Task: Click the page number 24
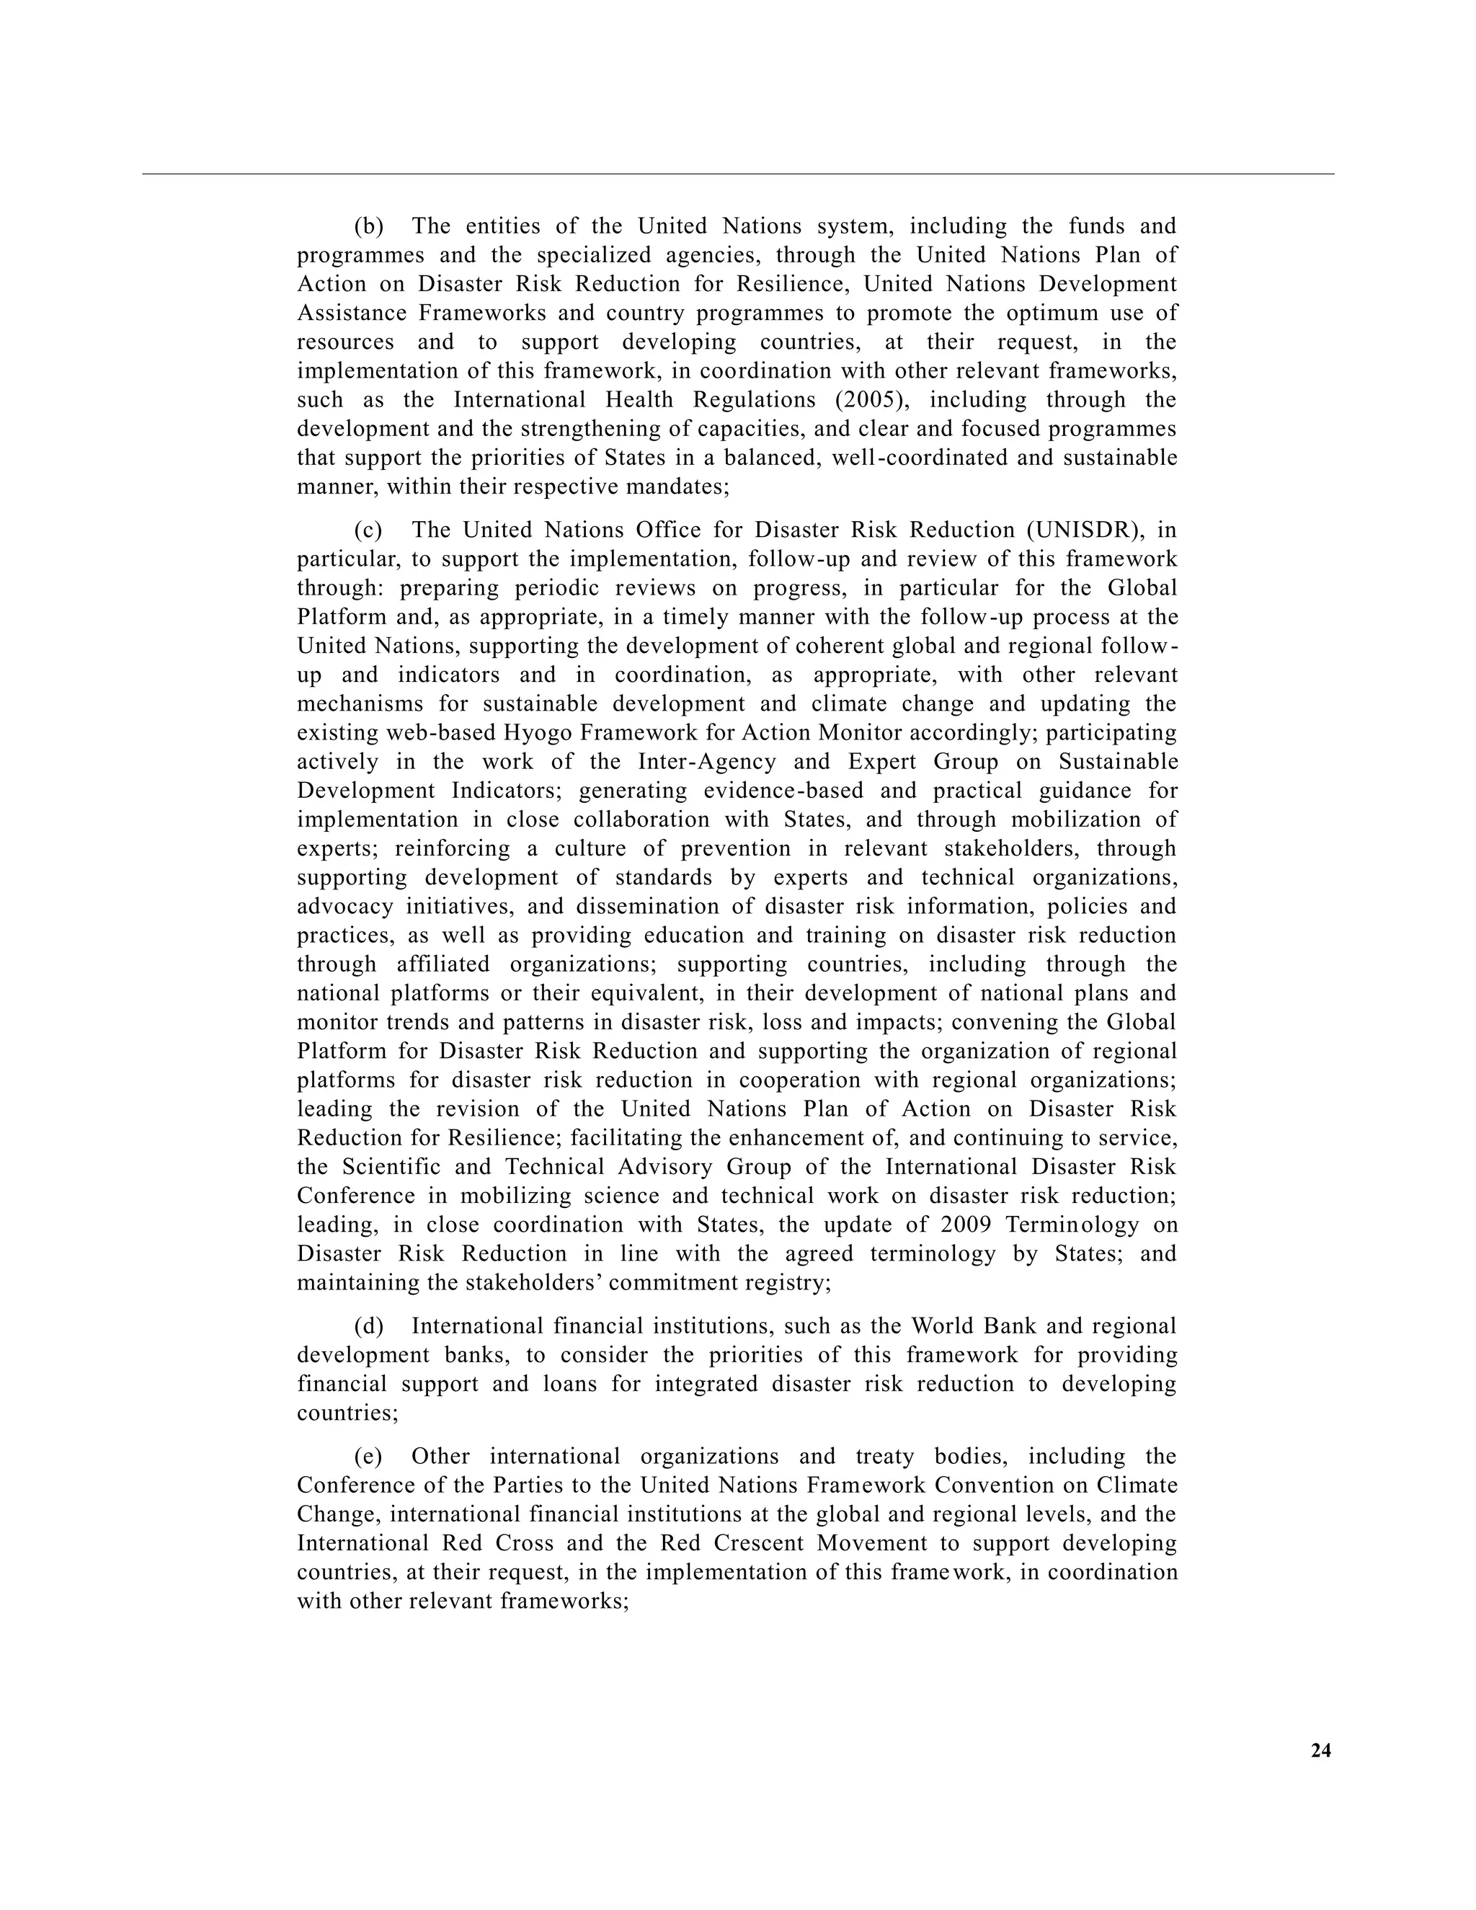coord(1320,1750)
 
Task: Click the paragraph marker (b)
coord(369,226)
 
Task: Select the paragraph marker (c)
coord(369,530)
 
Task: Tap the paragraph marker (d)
coord(369,1325)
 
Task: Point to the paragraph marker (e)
coord(369,1456)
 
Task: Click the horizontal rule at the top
coord(738,174)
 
